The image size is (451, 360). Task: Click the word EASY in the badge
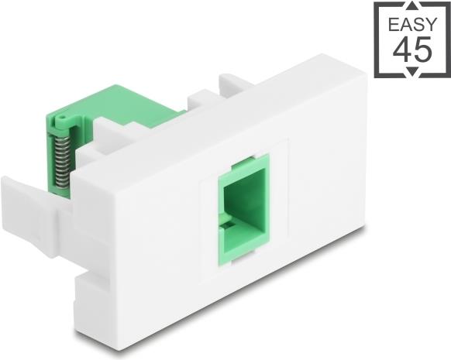pyautogui.click(x=412, y=25)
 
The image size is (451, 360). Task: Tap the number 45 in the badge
pyautogui.click(x=412, y=50)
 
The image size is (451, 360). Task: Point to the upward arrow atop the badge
pyautogui.click(x=413, y=5)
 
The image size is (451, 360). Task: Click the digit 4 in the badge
pyautogui.click(x=402, y=50)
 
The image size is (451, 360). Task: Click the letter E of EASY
pyautogui.click(x=393, y=25)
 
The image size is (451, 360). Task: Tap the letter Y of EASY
pyautogui.click(x=431, y=25)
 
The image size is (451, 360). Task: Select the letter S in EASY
pyautogui.click(x=418, y=25)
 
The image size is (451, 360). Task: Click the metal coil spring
pyautogui.click(x=63, y=161)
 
